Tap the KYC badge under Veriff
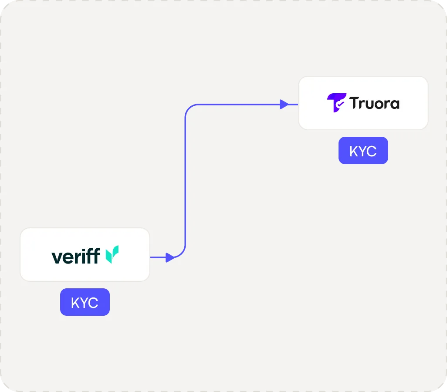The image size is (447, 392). [85, 302]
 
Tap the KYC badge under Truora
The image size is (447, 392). [363, 151]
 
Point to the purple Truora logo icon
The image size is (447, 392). [336, 103]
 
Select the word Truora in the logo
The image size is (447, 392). [374, 103]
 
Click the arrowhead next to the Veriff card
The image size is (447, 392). [170, 257]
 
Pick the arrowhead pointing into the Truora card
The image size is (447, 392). [284, 104]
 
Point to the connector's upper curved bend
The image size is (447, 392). [190, 108]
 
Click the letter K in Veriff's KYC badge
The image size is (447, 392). [75, 303]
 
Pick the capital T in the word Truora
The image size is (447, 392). [353, 103]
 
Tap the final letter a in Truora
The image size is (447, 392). [394, 105]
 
